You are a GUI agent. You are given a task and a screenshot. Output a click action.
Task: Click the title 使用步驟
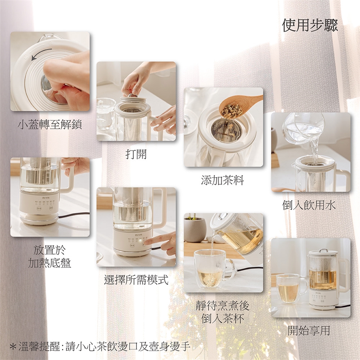click(x=310, y=25)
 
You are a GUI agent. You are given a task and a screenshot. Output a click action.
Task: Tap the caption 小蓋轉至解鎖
click(x=50, y=124)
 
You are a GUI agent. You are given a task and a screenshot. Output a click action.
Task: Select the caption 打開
click(x=136, y=154)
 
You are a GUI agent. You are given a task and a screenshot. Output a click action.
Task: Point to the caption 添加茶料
click(x=222, y=180)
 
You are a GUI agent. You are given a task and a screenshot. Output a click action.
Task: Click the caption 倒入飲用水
click(x=309, y=205)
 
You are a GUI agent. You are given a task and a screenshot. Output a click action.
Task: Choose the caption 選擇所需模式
click(x=136, y=280)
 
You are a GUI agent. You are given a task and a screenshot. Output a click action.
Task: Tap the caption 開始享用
click(x=309, y=331)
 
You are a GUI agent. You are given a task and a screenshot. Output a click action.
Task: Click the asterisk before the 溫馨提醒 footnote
click(x=13, y=346)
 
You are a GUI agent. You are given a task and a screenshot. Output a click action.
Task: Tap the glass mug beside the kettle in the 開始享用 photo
click(x=291, y=288)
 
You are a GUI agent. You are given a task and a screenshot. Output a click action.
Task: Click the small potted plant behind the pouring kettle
click(x=195, y=228)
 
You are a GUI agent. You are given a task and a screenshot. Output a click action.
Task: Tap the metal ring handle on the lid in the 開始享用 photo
click(x=323, y=250)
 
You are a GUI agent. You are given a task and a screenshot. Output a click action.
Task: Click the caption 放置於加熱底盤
click(x=49, y=256)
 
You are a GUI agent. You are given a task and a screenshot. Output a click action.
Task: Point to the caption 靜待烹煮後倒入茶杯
click(x=222, y=312)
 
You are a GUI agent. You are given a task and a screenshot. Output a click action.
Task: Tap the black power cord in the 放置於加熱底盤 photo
click(x=74, y=214)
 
